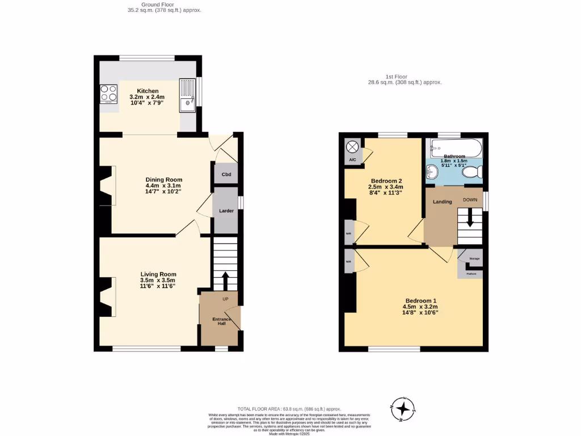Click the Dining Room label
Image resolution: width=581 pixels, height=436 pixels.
tap(163, 179)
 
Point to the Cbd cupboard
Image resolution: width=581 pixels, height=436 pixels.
tap(226, 174)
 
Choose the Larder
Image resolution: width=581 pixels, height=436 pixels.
tap(226, 211)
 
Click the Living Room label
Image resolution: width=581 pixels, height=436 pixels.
tap(158, 274)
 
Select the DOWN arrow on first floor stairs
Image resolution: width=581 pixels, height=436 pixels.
tap(470, 219)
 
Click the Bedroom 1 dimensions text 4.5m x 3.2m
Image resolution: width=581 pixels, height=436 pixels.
tap(422, 307)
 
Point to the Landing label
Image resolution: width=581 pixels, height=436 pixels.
tap(443, 202)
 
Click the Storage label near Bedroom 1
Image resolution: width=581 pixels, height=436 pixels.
tap(474, 259)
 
